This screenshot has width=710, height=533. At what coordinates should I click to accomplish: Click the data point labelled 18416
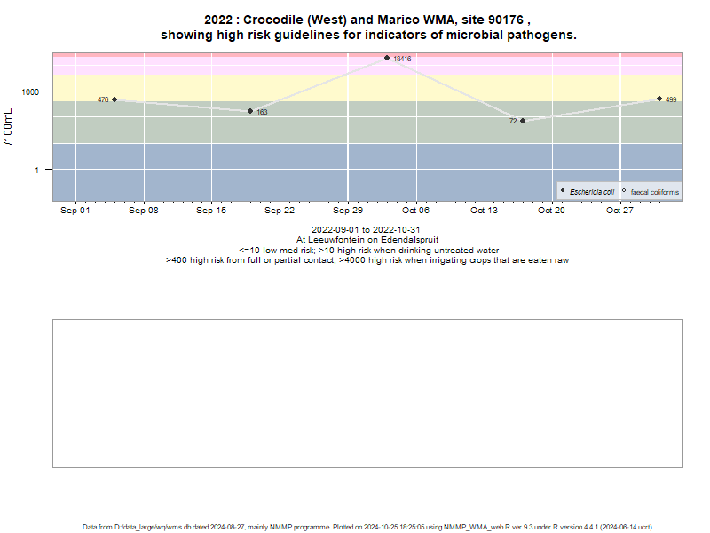[387, 58]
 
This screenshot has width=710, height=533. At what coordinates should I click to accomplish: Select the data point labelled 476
[114, 99]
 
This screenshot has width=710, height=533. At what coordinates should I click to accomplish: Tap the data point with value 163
[250, 111]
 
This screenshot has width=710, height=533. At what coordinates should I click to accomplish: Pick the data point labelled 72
[523, 121]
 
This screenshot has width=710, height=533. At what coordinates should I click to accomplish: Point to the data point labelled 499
[659, 99]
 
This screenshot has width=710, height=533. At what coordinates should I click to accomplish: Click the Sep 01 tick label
[75, 211]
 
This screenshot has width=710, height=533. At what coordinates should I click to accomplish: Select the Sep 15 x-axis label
[211, 211]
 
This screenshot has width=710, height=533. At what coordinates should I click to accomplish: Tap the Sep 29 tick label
[348, 211]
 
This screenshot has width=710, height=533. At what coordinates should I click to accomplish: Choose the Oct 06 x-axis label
[415, 211]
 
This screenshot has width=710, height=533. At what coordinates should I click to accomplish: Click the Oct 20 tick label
[551, 211]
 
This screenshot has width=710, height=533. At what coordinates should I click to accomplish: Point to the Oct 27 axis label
[619, 211]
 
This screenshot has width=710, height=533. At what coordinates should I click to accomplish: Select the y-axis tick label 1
[37, 171]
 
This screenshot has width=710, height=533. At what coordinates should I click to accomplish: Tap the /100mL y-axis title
[9, 127]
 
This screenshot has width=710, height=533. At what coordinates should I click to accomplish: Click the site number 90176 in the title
[506, 20]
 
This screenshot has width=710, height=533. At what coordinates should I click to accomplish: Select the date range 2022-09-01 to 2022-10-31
[366, 230]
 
